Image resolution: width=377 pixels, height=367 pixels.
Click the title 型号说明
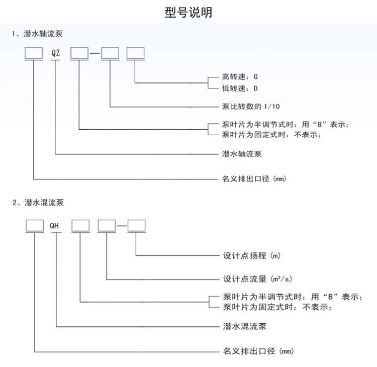189,13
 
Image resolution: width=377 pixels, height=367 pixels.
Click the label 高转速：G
240,78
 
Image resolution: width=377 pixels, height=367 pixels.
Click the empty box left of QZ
34,52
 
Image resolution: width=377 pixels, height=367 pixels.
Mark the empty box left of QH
35,226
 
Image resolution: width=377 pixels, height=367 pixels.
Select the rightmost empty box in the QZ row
135,52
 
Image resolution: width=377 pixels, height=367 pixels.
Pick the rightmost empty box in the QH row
136,226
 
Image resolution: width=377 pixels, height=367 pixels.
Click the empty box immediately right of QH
80,226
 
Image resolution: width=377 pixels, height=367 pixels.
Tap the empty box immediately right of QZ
79,52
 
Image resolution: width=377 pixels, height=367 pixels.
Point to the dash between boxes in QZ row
95,53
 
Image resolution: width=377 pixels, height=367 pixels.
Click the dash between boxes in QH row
121,226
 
